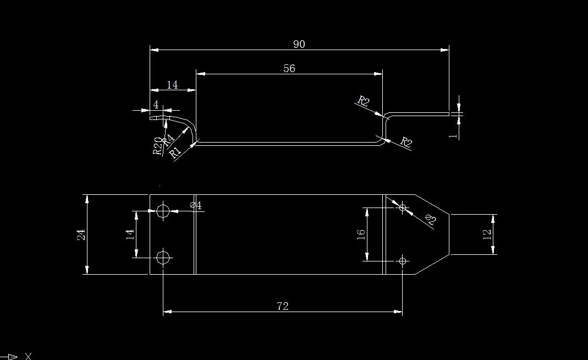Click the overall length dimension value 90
[x=299, y=44]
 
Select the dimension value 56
[x=289, y=68]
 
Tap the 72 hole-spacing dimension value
[x=283, y=306]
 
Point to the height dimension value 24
[x=81, y=234]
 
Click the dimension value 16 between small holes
[x=361, y=233]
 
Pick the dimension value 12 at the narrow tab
[x=487, y=234]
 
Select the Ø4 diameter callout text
[x=196, y=205]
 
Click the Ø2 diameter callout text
[x=430, y=220]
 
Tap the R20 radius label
[x=158, y=146]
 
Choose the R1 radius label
[x=175, y=152]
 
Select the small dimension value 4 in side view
[x=156, y=104]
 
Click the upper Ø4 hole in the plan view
[x=163, y=210]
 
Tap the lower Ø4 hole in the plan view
[x=163, y=257]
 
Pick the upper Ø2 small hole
[x=403, y=208]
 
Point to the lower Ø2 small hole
[x=403, y=260]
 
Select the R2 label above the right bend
[x=363, y=101]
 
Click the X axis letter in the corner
[x=28, y=356]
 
